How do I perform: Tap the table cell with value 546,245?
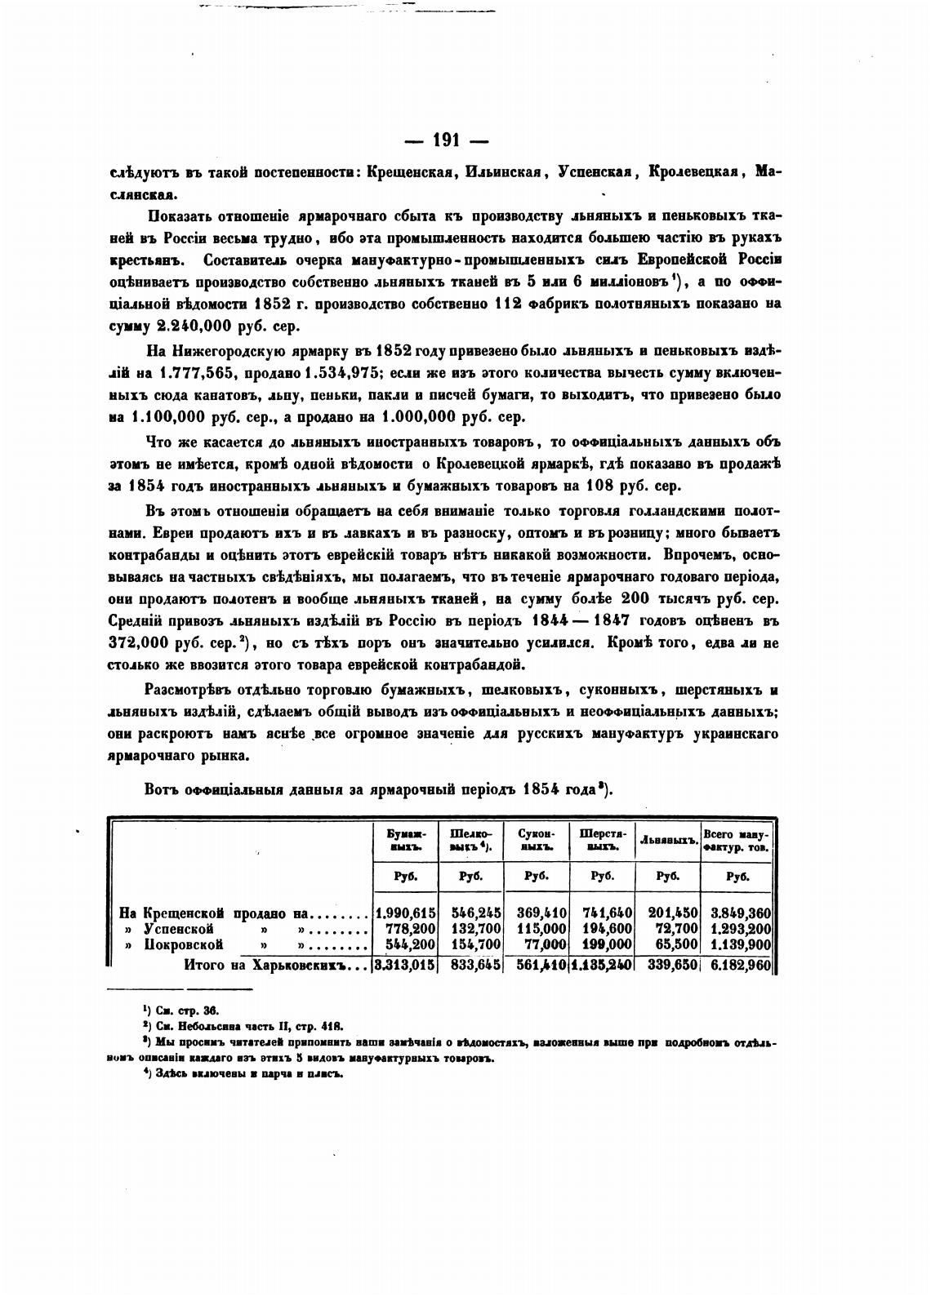point(472,913)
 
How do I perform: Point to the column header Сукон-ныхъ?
point(536,840)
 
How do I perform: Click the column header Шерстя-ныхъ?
point(602,840)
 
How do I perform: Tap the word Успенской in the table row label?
point(179,929)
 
